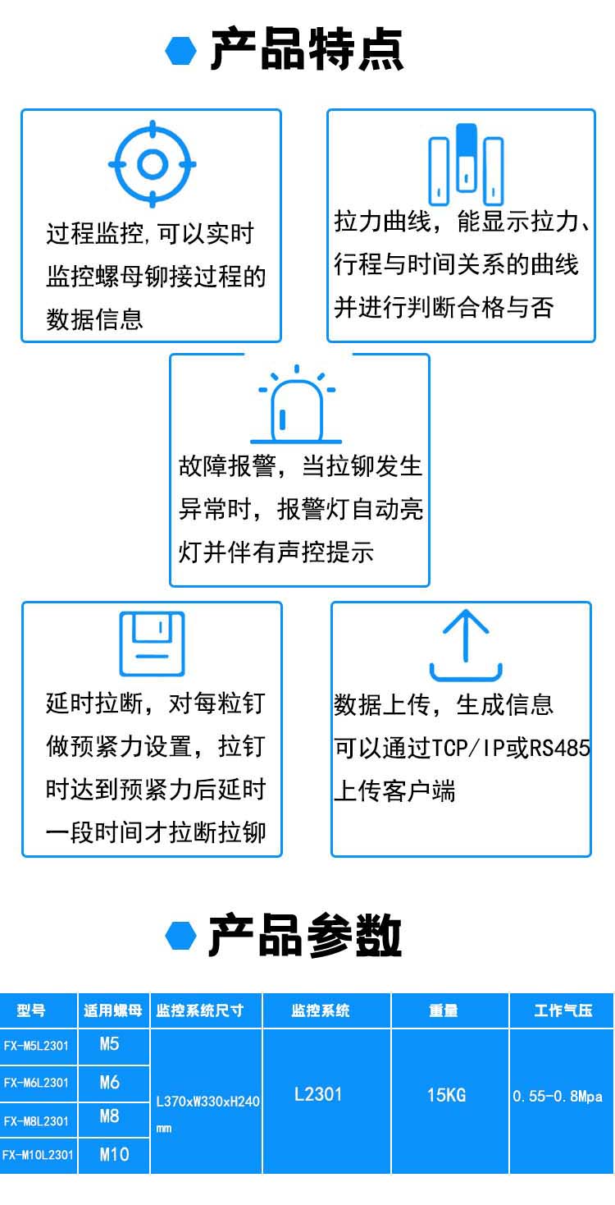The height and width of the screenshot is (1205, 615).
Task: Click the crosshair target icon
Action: [x=152, y=164]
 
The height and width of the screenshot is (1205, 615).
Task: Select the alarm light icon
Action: [x=297, y=408]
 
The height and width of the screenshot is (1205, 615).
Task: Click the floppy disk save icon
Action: [x=152, y=644]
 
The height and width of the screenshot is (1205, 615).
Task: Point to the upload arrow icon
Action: [x=465, y=644]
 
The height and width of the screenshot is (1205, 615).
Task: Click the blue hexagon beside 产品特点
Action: [x=181, y=51]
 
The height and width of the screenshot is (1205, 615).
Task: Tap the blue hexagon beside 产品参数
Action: [x=181, y=935]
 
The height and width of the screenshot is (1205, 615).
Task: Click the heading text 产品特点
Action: [x=307, y=50]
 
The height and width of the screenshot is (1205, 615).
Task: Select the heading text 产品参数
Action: [x=305, y=935]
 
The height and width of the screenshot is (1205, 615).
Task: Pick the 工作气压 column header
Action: [x=562, y=1010]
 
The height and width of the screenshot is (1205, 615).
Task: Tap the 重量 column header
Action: [x=444, y=1010]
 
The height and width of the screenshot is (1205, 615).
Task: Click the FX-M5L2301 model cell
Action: [x=37, y=1046]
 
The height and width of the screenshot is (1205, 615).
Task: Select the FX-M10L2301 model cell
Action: [x=38, y=1155]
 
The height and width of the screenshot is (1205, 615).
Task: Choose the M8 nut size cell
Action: [x=110, y=1116]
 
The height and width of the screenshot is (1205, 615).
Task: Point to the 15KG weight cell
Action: [x=446, y=1095]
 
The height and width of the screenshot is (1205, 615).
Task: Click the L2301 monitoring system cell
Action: [x=318, y=1094]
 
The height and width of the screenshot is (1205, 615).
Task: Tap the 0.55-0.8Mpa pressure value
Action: [x=558, y=1097]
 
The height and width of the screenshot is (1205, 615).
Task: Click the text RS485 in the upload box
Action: [x=560, y=748]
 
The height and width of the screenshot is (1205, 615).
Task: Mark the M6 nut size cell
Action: [x=110, y=1083]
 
